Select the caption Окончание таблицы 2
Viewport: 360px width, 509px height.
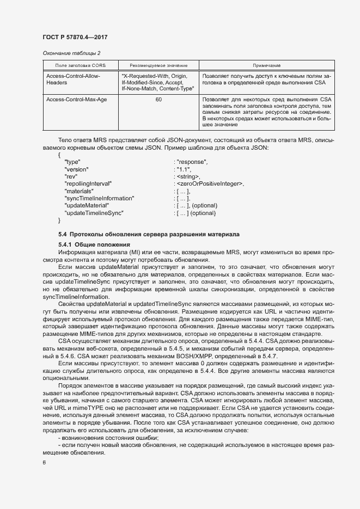tap(71, 53)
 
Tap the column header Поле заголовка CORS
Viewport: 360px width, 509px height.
tap(76, 65)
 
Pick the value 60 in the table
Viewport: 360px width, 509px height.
tap(158, 100)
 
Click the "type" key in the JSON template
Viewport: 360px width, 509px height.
tap(72, 162)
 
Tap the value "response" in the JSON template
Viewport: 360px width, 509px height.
tap(191, 162)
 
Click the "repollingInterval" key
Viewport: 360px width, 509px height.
tap(88, 184)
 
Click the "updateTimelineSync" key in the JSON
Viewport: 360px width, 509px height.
tap(94, 212)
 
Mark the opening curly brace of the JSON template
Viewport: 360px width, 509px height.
tap(59, 155)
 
